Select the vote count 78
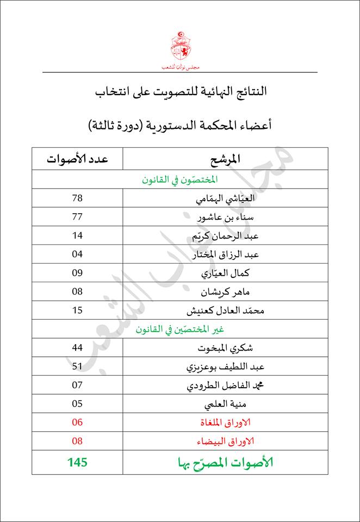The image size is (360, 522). click(x=77, y=198)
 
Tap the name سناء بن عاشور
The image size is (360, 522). click(x=225, y=217)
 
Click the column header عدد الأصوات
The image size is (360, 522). click(x=77, y=159)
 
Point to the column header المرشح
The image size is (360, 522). click(x=225, y=159)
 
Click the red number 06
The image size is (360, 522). click(x=77, y=422)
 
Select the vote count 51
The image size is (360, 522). click(x=77, y=366)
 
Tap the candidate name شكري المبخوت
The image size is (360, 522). click(x=225, y=348)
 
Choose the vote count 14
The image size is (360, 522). click(x=77, y=235)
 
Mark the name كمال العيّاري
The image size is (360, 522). click(x=225, y=274)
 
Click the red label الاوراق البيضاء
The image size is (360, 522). click(x=224, y=442)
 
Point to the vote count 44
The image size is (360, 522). click(x=77, y=347)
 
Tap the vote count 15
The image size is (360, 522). click(x=77, y=310)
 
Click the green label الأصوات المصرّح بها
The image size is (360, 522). click(x=225, y=463)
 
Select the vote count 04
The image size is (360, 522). click(x=77, y=254)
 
